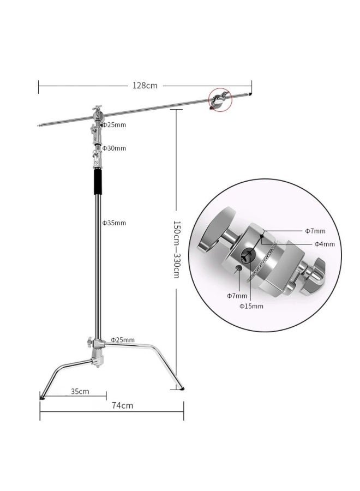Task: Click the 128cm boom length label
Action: pyautogui.click(x=145, y=85)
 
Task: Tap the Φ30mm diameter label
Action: pyautogui.click(x=114, y=148)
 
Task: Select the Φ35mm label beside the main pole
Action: pyautogui.click(x=114, y=223)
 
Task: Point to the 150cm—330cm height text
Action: pyautogui.click(x=176, y=250)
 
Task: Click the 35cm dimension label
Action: pyautogui.click(x=80, y=391)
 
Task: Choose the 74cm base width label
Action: pyautogui.click(x=123, y=405)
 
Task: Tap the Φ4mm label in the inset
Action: pyautogui.click(x=324, y=244)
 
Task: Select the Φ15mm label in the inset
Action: pyautogui.click(x=251, y=306)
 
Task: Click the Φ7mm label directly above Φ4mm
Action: pyautogui.click(x=315, y=232)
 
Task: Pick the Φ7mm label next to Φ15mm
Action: pyautogui.click(x=237, y=296)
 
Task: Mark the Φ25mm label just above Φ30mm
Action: pyautogui.click(x=114, y=125)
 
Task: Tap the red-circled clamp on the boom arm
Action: pyautogui.click(x=219, y=101)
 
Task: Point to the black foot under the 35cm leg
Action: pyautogui.click(x=42, y=397)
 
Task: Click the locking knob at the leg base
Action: pyautogui.click(x=89, y=343)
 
